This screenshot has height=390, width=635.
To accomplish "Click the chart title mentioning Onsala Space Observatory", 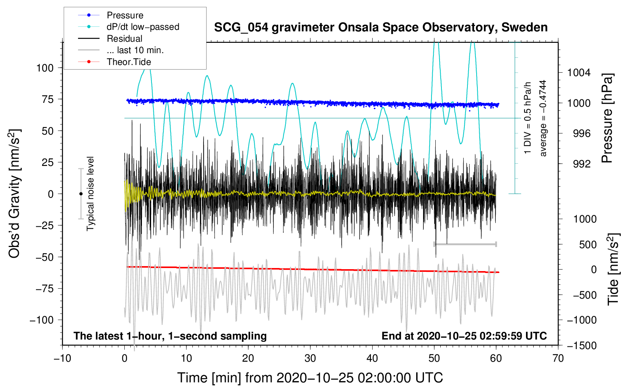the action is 381,28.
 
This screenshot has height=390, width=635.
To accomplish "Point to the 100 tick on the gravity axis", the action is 45,68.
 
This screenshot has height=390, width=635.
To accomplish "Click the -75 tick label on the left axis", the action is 44,289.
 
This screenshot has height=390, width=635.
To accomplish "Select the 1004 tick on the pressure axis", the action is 579,73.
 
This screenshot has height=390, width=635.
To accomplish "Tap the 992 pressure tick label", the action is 581,164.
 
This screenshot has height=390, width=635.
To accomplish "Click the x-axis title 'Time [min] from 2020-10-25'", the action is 310,378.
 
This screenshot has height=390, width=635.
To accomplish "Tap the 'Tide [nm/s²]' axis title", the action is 614,269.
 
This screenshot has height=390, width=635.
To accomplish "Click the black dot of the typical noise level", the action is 81,194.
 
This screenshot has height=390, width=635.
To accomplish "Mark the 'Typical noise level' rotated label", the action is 90,193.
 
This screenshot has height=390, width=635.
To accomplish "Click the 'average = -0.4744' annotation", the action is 543,118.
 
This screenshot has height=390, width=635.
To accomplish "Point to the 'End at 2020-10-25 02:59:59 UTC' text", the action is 464,336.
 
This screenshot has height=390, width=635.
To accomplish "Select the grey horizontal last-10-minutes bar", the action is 465,244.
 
